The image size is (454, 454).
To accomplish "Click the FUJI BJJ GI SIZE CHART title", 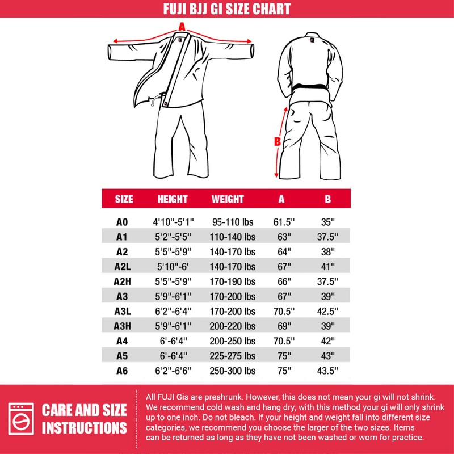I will click(x=227, y=9).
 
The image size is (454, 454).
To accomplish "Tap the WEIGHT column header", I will click(x=228, y=199).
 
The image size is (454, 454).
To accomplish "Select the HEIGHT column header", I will click(x=173, y=199).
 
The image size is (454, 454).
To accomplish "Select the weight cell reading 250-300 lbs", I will click(x=233, y=371).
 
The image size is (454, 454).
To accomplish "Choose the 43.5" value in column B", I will click(x=327, y=371).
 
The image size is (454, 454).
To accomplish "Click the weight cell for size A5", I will click(x=233, y=356).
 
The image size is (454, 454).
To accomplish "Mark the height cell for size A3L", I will click(x=173, y=311).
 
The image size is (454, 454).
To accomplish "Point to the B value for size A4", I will click(x=327, y=341).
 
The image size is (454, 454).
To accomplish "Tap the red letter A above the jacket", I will click(x=182, y=26).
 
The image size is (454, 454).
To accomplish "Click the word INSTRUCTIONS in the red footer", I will click(x=84, y=428).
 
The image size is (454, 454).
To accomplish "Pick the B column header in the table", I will click(x=327, y=199).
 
